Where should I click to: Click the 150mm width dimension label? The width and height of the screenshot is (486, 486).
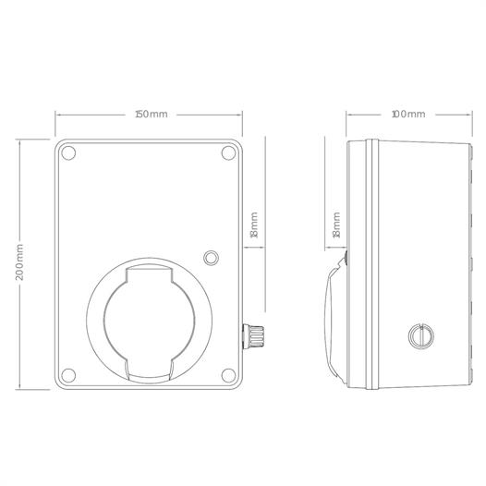(152, 115)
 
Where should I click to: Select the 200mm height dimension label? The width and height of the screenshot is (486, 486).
(19, 262)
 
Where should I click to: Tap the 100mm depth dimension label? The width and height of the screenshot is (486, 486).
(408, 115)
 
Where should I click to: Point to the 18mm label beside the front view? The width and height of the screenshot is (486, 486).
(254, 225)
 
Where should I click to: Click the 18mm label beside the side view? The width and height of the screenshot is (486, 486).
(336, 225)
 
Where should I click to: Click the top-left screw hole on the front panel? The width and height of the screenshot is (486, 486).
(68, 152)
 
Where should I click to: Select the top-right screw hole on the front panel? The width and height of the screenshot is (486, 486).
(228, 152)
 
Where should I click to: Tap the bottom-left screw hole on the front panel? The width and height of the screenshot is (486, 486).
(68, 375)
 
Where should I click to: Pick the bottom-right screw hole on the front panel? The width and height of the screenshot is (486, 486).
(228, 375)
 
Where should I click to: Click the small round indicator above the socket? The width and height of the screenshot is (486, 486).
(211, 258)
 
